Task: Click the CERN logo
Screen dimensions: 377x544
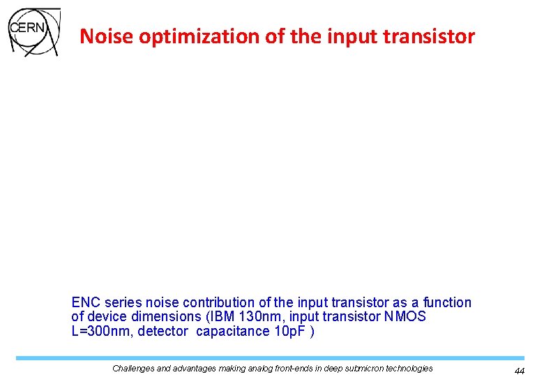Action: (33, 32)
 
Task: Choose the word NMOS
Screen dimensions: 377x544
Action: (405, 317)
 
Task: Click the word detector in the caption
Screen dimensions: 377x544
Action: (163, 331)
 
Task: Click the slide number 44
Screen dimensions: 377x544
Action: (519, 371)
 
